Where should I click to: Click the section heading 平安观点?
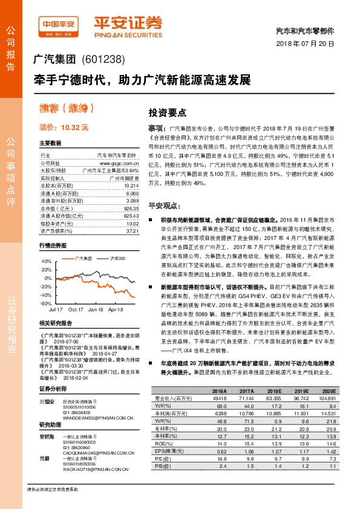point(165,206)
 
